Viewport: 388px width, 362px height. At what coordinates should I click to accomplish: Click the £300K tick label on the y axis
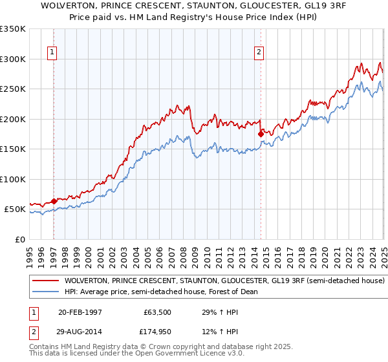coord(13,59)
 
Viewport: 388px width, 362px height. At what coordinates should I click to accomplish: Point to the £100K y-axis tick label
coord(13,179)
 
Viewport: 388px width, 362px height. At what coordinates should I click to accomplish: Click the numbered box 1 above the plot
coord(51,53)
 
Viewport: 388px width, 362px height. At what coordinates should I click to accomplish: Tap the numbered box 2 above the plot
coord(259,53)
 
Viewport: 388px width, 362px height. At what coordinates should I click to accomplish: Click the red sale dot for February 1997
coord(54,201)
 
